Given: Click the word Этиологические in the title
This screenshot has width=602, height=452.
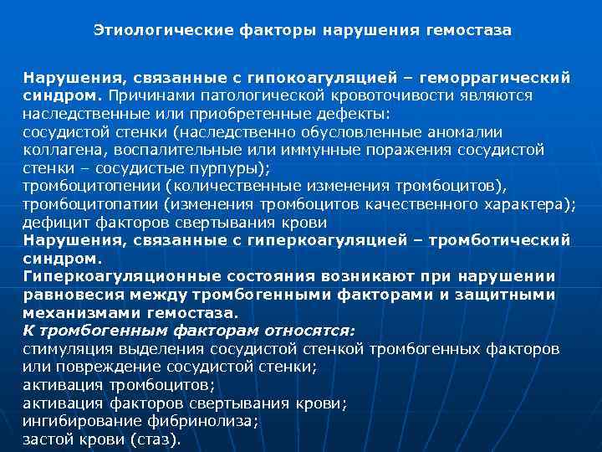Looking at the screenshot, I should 150,30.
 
